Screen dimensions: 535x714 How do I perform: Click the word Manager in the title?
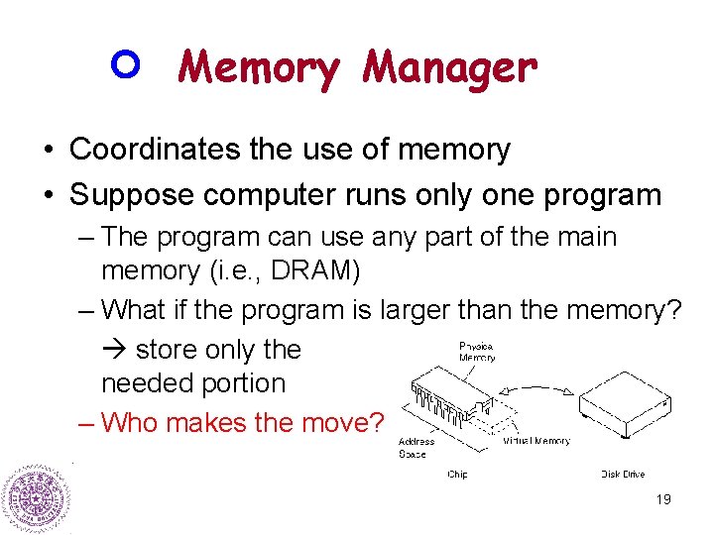449,69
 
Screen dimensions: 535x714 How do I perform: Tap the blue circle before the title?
130,65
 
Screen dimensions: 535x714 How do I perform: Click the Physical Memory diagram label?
477,352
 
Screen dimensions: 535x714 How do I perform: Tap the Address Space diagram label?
416,448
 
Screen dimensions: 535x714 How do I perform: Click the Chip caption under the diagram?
457,475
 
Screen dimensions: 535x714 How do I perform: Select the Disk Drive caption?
623,475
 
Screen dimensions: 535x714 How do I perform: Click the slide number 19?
663,499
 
